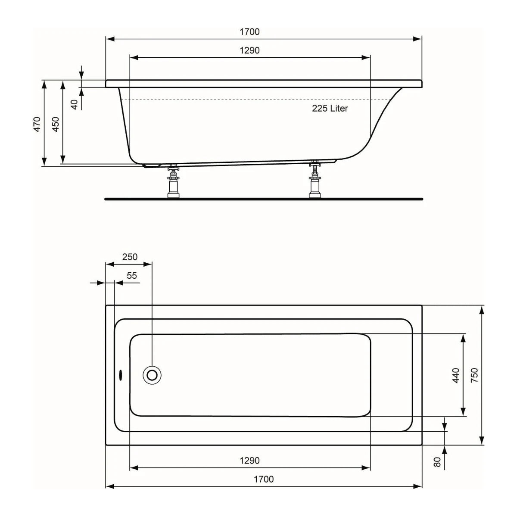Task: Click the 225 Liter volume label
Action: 330,109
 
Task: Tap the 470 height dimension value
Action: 37,124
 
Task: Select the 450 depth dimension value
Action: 55,124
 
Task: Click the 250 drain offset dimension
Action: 130,257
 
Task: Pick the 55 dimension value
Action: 132,275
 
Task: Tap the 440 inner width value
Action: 456,375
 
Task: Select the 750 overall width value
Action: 474,375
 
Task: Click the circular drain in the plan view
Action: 152,375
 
